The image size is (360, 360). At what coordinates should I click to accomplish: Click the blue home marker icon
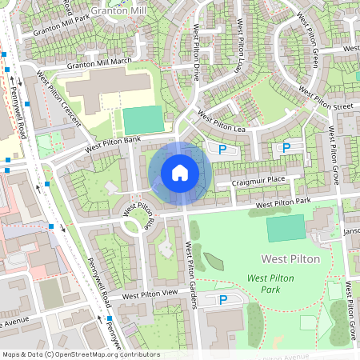click(180, 172)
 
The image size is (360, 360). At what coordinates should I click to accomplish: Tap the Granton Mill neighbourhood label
click(118, 11)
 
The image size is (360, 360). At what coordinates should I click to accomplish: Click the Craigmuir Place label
click(258, 181)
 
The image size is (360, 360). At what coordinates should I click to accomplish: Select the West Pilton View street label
click(149, 294)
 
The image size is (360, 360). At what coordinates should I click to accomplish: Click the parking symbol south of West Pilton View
click(223, 300)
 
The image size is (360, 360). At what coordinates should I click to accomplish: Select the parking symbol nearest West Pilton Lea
click(222, 150)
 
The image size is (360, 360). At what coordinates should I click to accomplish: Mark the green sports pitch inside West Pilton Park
click(286, 228)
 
